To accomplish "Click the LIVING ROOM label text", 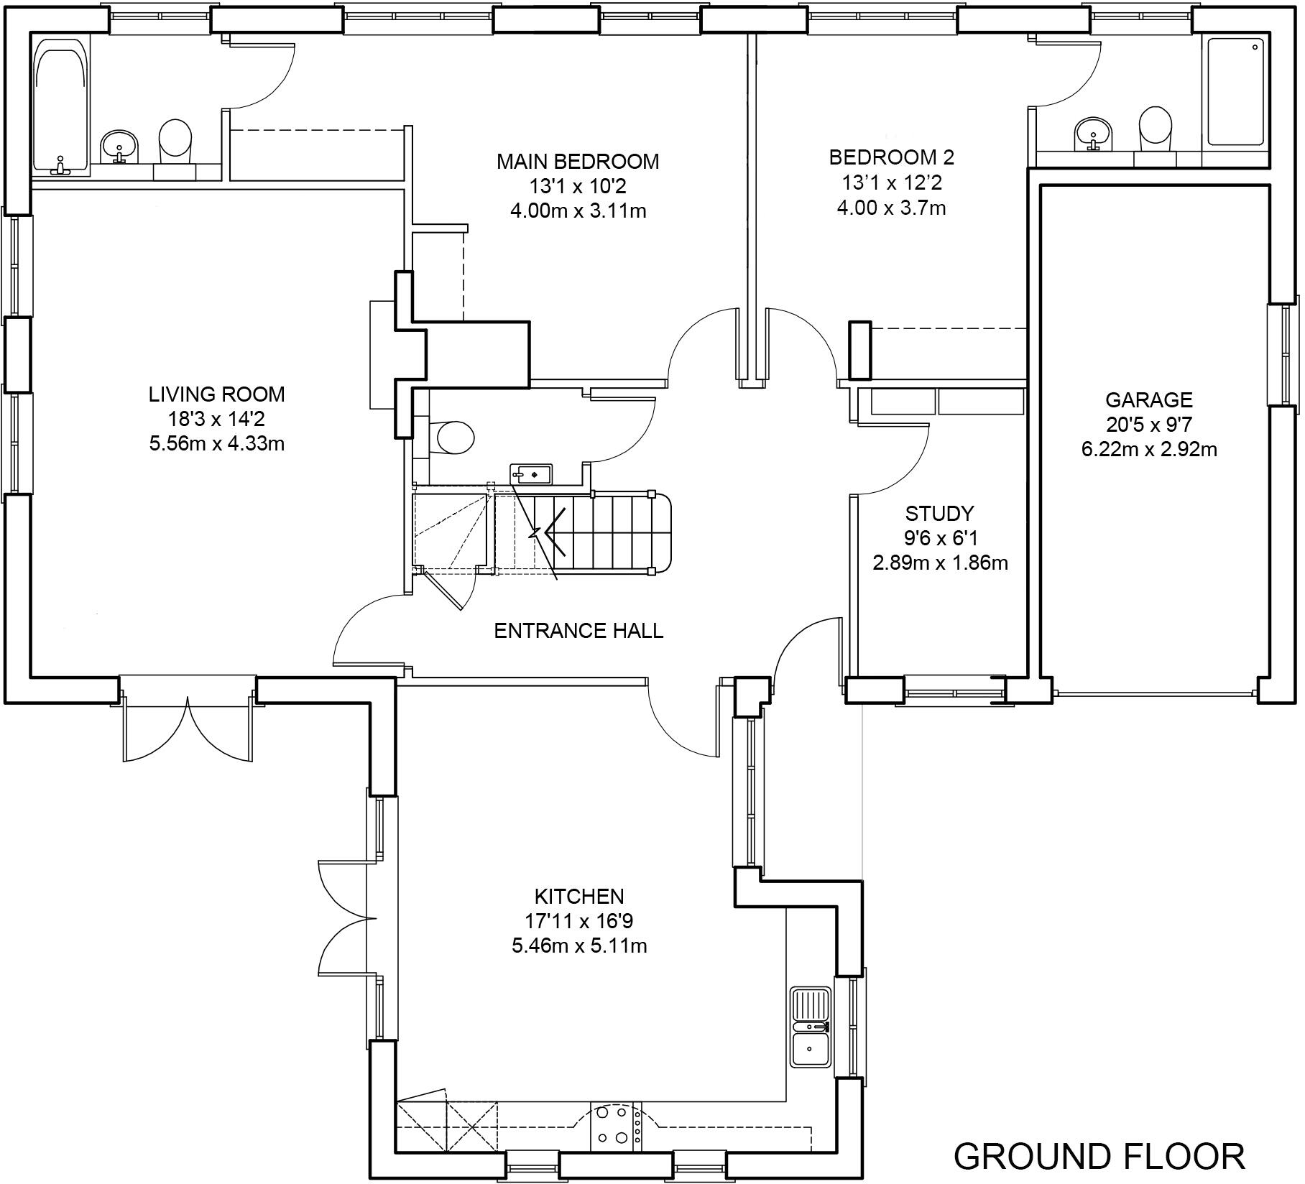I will pyautogui.click(x=216, y=394).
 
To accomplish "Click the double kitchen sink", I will pyautogui.click(x=810, y=1027).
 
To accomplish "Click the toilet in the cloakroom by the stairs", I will pyautogui.click(x=454, y=437).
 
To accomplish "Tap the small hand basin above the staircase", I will pyautogui.click(x=531, y=473).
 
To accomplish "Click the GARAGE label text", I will pyautogui.click(x=1148, y=399).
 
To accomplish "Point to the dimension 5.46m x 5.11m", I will pyautogui.click(x=579, y=945).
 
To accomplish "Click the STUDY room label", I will pyautogui.click(x=939, y=513).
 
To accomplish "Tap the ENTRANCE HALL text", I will pyautogui.click(x=578, y=630).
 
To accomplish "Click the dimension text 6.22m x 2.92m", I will pyautogui.click(x=1148, y=450).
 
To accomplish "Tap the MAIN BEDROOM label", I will pyautogui.click(x=578, y=162).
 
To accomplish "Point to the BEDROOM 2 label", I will pyautogui.click(x=891, y=157).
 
